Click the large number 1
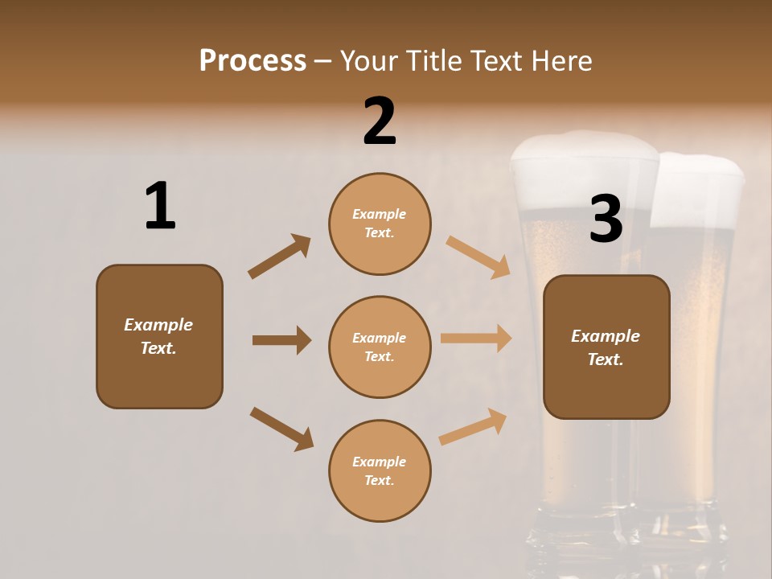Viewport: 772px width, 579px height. pos(160,207)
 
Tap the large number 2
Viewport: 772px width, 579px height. pos(380,121)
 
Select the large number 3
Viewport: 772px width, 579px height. pos(606,219)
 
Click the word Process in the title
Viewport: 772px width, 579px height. pos(253,60)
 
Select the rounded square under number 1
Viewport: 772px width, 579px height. pos(159,336)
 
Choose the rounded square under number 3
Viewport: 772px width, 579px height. pos(606,347)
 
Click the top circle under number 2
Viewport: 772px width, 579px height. pos(380,224)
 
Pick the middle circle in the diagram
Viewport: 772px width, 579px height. pos(380,347)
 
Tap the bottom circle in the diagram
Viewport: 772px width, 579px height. pos(380,470)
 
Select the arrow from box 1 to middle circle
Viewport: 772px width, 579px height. pos(282,340)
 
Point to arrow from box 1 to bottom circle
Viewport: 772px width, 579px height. pos(282,429)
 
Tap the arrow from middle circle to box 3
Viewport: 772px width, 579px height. pos(476,339)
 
